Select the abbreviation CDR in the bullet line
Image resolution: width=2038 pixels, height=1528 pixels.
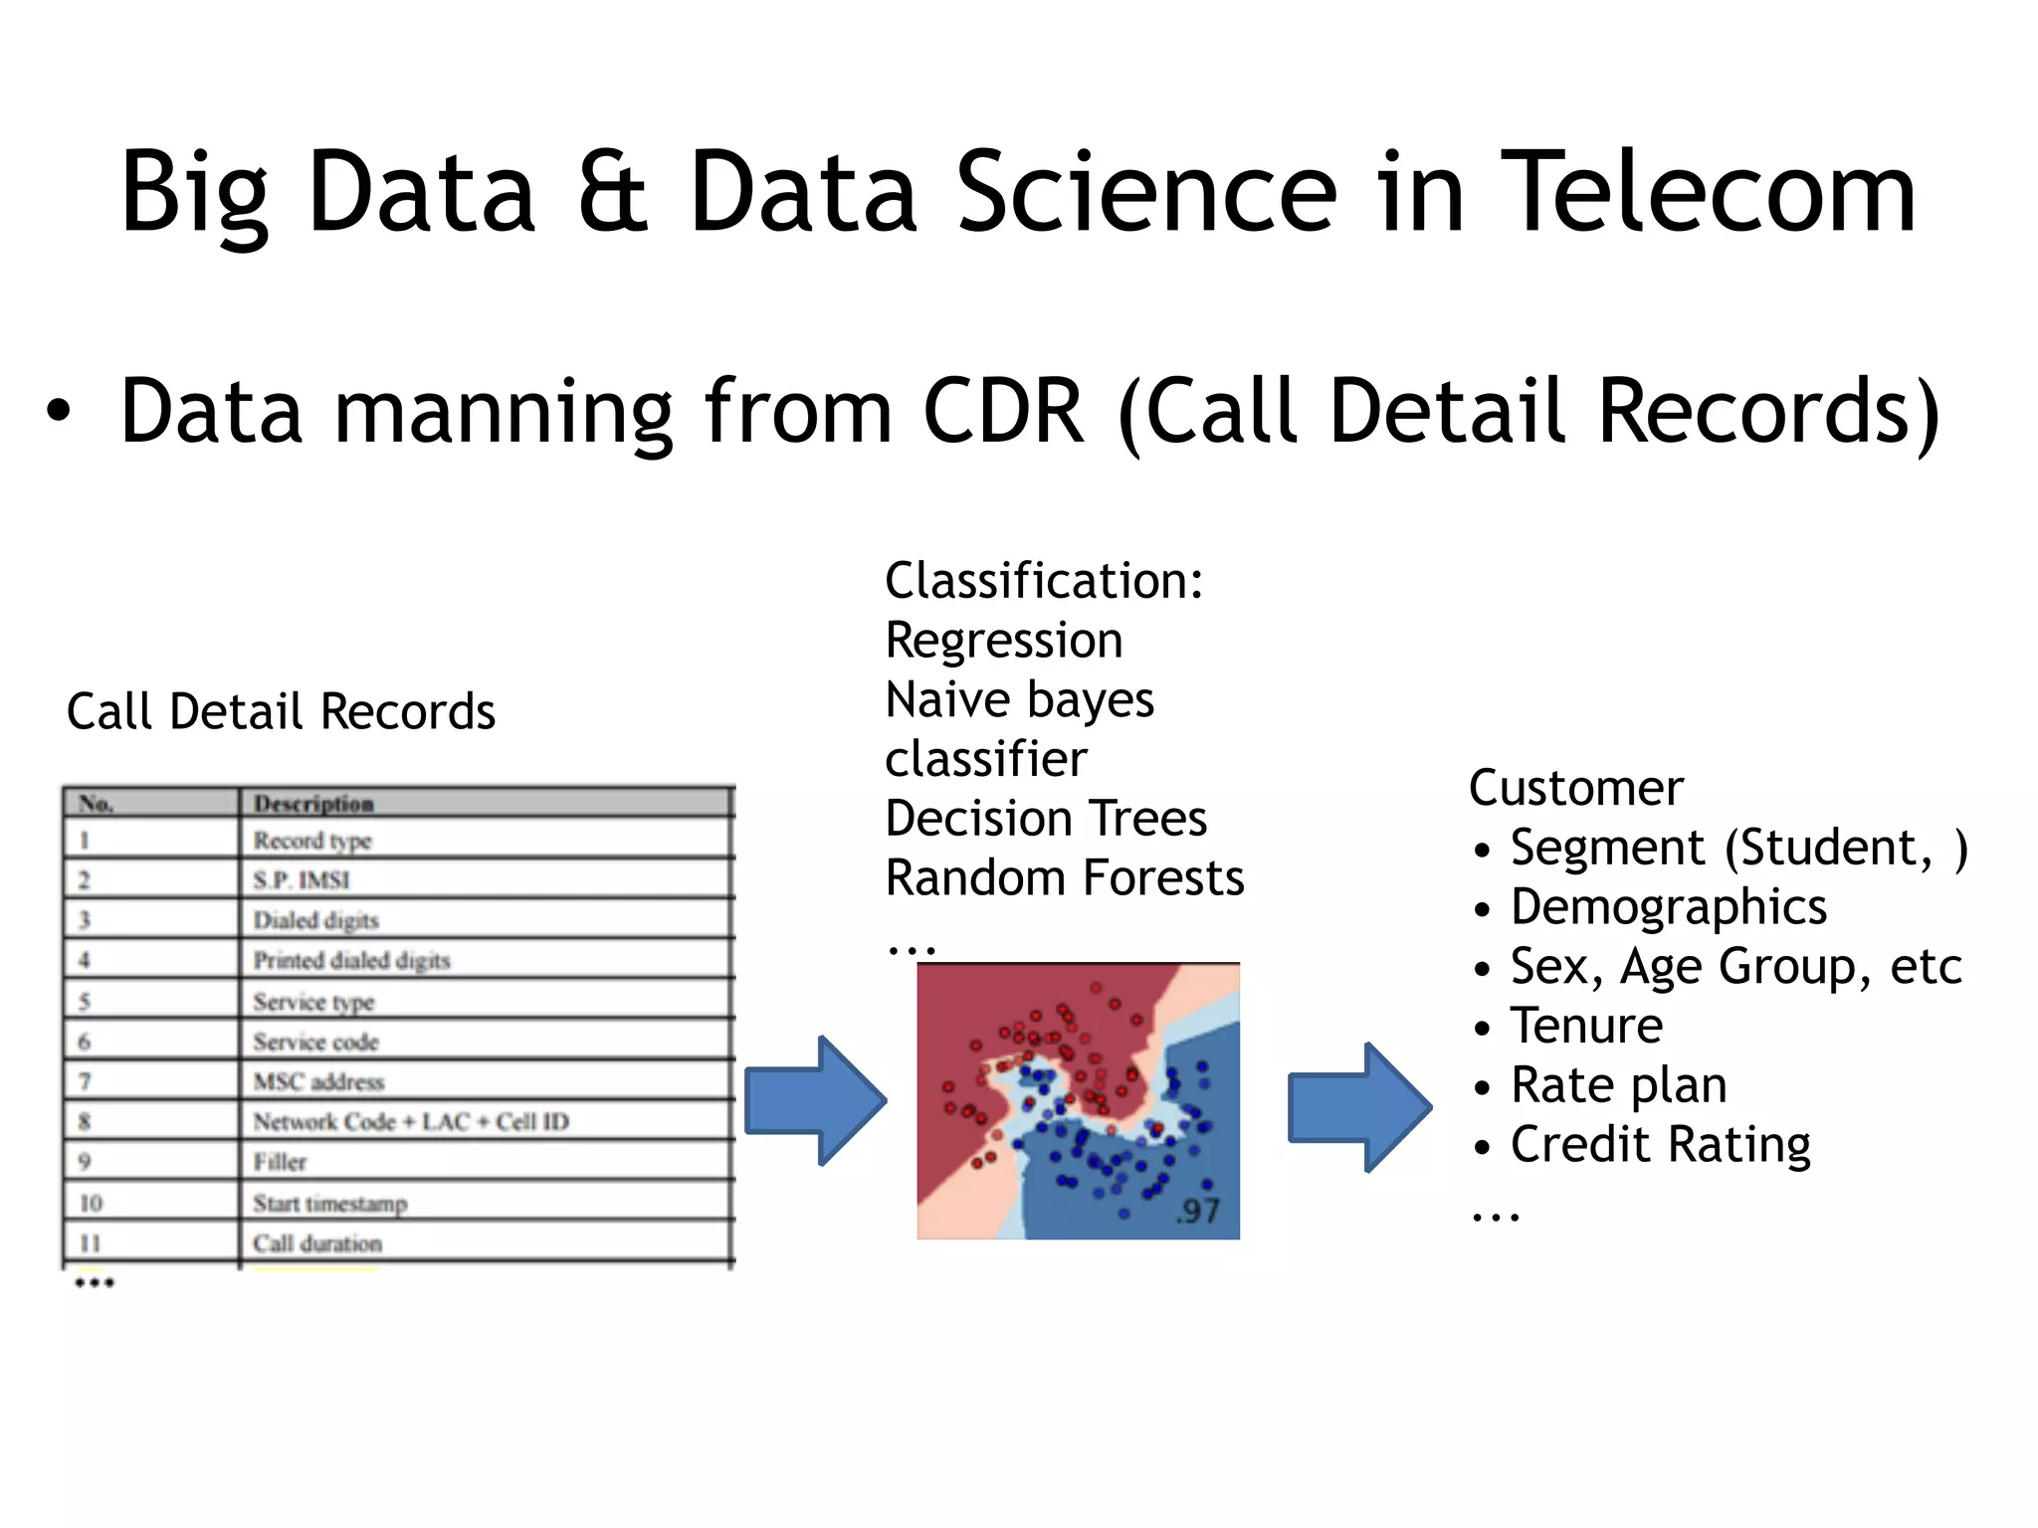coord(1003,411)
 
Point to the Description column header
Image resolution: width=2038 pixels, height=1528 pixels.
coord(313,803)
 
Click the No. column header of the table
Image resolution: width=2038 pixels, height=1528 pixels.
coord(97,803)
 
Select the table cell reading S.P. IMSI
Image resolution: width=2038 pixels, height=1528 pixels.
coord(302,879)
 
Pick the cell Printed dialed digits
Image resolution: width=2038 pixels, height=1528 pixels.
coord(351,960)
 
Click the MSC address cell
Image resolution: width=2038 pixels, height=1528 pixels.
coord(318,1081)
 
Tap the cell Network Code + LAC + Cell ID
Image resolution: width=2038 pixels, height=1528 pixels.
coord(410,1121)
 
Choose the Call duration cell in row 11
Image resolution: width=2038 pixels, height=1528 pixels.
coord(316,1242)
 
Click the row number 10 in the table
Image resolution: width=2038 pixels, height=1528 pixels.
coord(91,1203)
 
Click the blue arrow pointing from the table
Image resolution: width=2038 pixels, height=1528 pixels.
coord(814,1100)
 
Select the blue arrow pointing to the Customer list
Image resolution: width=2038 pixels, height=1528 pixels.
coord(1358,1106)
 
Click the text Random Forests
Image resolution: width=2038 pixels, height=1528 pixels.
coord(1065,877)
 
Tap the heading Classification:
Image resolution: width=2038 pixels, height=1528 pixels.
coord(1044,580)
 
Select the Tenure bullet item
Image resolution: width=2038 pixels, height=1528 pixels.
coord(1586,1025)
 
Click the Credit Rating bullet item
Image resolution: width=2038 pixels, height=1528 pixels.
coord(1660,1144)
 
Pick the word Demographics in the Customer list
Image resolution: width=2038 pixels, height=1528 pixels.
coord(1668,906)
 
